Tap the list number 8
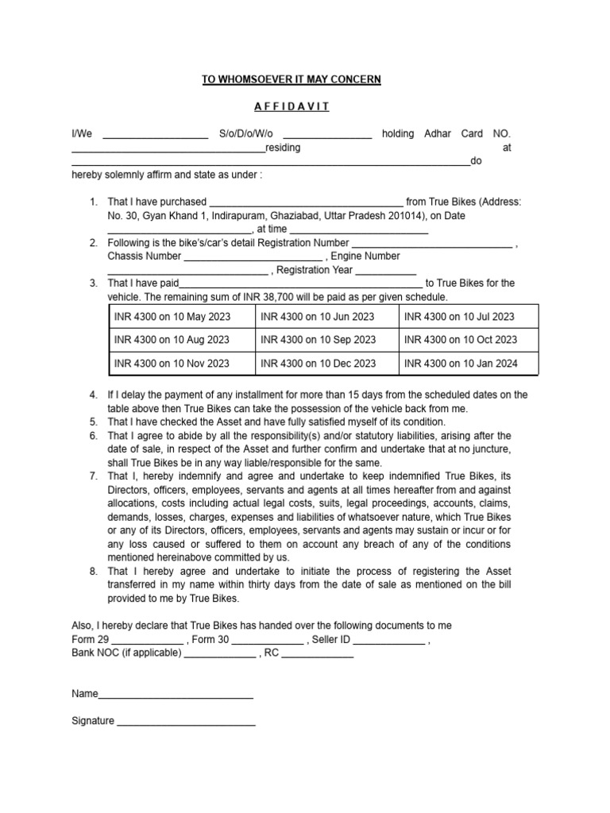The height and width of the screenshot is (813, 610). tap(93, 571)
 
